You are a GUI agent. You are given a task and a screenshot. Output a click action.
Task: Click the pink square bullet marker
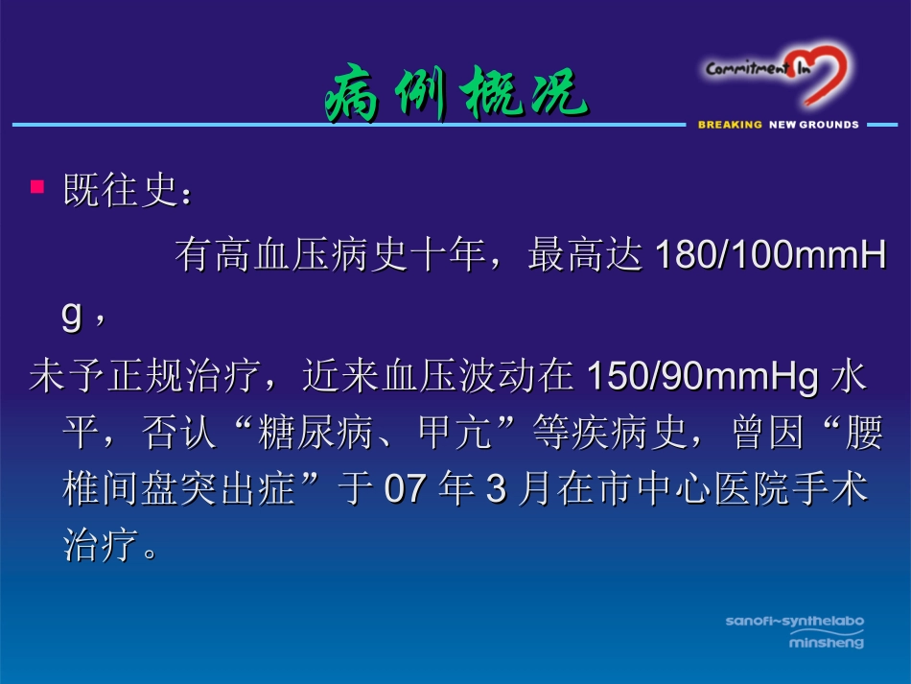tap(37, 185)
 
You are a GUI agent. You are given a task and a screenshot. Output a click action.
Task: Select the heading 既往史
tap(119, 190)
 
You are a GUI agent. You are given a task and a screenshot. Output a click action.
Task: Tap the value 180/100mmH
tap(770, 256)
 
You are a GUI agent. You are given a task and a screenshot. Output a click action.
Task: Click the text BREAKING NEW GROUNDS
tap(778, 125)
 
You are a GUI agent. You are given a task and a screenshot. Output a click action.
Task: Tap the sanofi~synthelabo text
tap(794, 622)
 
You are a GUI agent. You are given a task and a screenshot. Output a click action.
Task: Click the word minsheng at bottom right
tap(826, 642)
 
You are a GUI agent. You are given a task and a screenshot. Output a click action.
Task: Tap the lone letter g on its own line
tap(72, 317)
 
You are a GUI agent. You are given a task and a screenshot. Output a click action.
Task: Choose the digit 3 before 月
tap(495, 491)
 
